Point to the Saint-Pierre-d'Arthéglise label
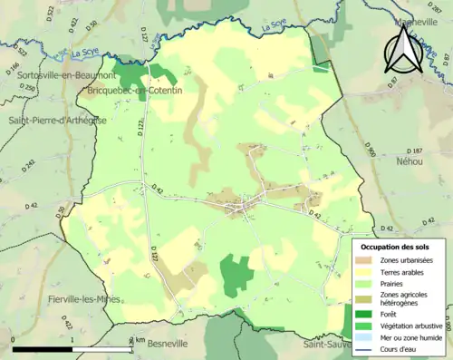click(x=56, y=120)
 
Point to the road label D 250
click(x=33, y=89)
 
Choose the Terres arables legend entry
click(x=399, y=271)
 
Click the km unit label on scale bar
click(x=140, y=341)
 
